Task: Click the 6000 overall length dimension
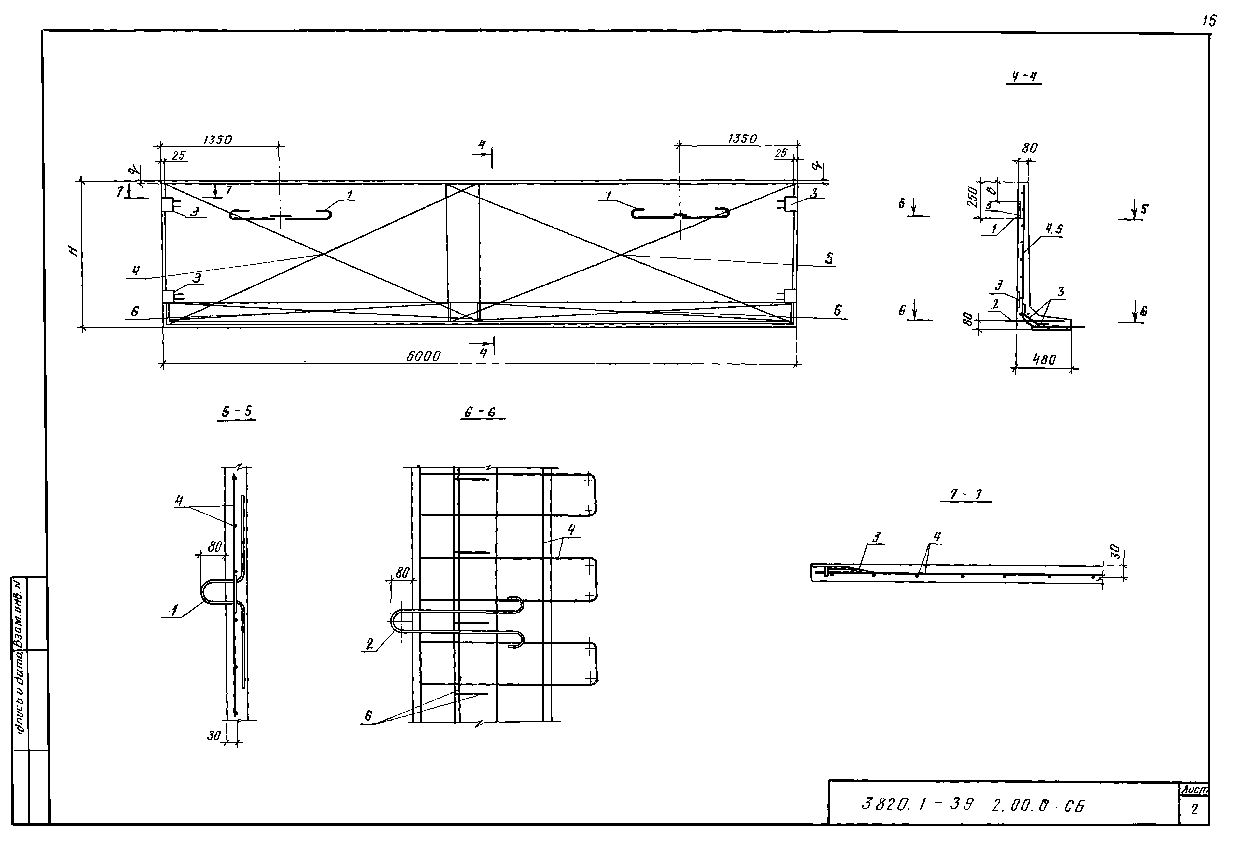[x=423, y=356]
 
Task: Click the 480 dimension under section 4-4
[x=1043, y=359]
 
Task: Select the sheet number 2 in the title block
[x=1194, y=809]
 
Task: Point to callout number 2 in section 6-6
[x=369, y=645]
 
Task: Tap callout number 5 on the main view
[x=829, y=258]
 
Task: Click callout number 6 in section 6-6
[x=368, y=715]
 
